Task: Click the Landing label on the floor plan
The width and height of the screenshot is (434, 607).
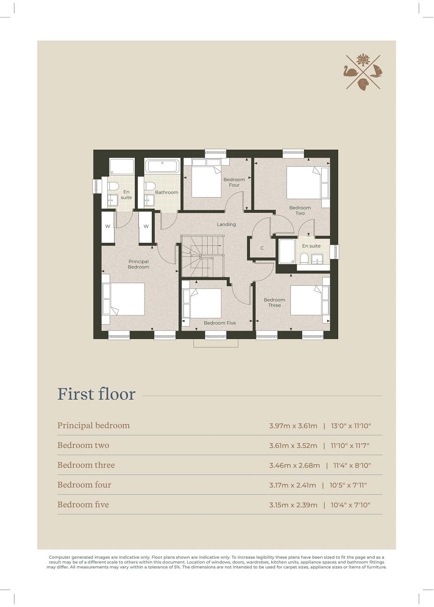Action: pyautogui.click(x=226, y=224)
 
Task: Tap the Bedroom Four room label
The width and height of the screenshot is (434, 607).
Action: pyautogui.click(x=234, y=182)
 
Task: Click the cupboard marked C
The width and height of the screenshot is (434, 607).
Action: pyautogui.click(x=262, y=248)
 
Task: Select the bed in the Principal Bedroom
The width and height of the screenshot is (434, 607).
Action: pyautogui.click(x=124, y=299)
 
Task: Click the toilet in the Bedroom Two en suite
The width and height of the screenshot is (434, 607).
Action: pyautogui.click(x=304, y=258)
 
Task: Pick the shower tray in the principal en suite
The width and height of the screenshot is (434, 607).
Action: pyautogui.click(x=122, y=166)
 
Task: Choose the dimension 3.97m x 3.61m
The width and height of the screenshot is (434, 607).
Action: pyautogui.click(x=293, y=426)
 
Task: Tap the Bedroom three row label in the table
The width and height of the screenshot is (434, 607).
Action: pyautogui.click(x=86, y=465)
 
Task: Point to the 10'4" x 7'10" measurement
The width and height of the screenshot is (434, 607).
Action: pyautogui.click(x=350, y=505)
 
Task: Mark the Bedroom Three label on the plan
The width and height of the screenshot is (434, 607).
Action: pyautogui.click(x=274, y=303)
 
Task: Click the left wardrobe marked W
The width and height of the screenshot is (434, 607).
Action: pyautogui.click(x=108, y=227)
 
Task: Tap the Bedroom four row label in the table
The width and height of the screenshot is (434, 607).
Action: pyautogui.click(x=84, y=484)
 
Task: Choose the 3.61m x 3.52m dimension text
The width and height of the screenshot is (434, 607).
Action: pyautogui.click(x=293, y=446)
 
